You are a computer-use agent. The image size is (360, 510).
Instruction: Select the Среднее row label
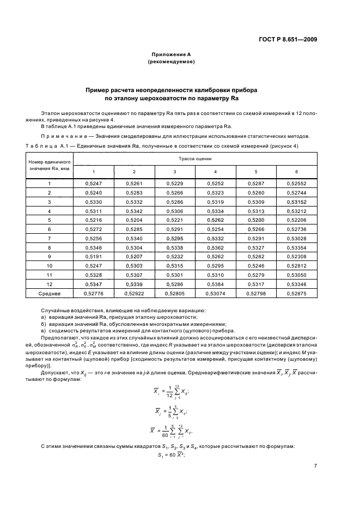(x=49, y=294)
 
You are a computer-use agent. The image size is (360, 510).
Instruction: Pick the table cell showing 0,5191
(x=94, y=256)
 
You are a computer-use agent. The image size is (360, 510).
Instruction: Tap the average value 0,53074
(x=215, y=294)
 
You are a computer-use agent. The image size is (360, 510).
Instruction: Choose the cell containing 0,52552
(x=296, y=184)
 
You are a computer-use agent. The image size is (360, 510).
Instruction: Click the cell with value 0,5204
(x=134, y=220)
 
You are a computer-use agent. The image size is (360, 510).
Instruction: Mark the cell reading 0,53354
(x=296, y=247)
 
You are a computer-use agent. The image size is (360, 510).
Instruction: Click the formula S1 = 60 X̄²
(x=171, y=454)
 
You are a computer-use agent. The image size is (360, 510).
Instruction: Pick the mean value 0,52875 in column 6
(x=296, y=294)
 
